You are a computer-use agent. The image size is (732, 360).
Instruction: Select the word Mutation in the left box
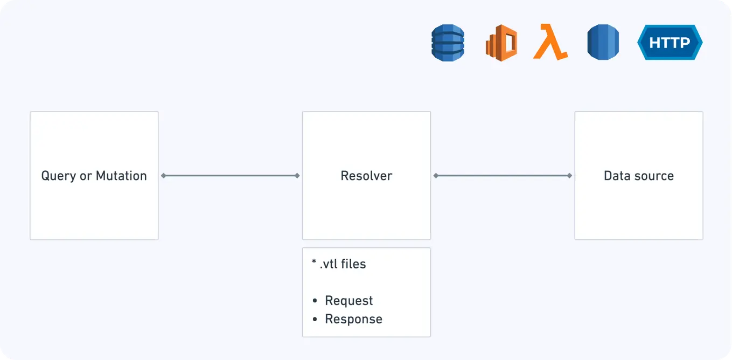click(121, 176)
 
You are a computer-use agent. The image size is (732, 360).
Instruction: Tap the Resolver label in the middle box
click(366, 176)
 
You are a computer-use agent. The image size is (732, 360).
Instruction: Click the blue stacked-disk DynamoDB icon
click(448, 43)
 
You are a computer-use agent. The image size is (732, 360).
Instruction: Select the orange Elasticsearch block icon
click(501, 43)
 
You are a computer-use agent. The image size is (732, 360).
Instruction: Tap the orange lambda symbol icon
click(550, 43)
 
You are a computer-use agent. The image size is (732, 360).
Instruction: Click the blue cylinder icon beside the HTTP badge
click(603, 42)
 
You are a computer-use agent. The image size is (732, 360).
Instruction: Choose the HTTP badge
click(670, 42)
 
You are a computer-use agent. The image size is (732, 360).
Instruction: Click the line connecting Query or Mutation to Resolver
click(231, 176)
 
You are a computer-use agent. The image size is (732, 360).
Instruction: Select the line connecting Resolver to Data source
click(503, 176)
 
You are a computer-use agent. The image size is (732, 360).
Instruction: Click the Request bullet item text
click(348, 301)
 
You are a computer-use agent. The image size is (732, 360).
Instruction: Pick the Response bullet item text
click(353, 319)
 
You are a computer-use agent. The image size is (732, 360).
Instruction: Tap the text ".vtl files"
click(343, 264)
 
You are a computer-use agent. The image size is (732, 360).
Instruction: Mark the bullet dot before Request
click(315, 301)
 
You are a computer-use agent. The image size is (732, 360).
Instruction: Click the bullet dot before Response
click(315, 320)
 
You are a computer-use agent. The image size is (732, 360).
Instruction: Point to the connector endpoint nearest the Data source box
click(569, 176)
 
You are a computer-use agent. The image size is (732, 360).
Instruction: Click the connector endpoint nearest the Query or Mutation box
click(163, 176)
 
